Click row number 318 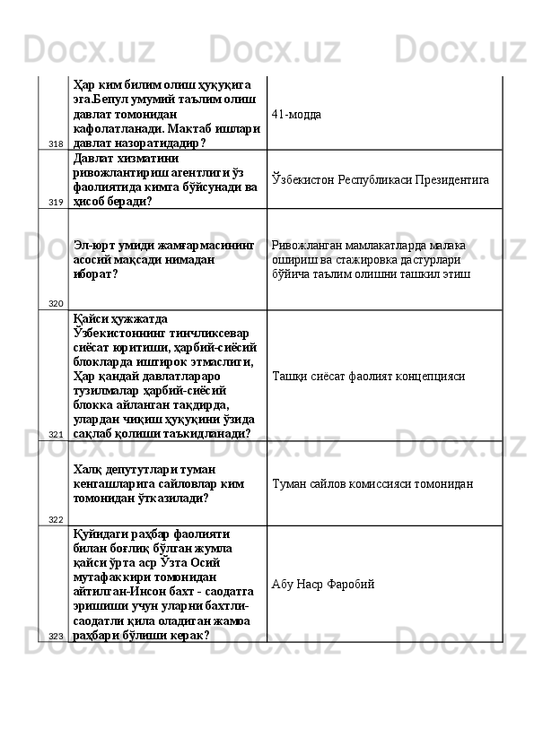coord(56,144)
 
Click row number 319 coord(56,203)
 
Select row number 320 coord(56,303)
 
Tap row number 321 coord(56,434)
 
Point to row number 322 coord(56,519)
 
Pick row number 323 coord(56,635)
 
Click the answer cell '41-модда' coord(296,115)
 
